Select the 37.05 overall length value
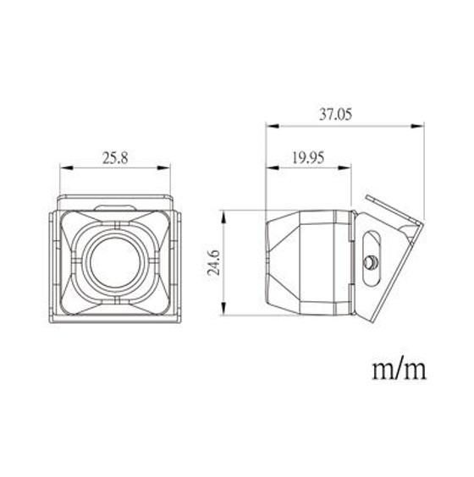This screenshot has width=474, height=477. tap(335, 116)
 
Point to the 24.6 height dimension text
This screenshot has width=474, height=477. tap(215, 260)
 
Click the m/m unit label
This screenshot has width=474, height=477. tap(398, 369)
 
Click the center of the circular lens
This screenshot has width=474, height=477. tap(115, 260)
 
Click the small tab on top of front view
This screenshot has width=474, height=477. tap(115, 206)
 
